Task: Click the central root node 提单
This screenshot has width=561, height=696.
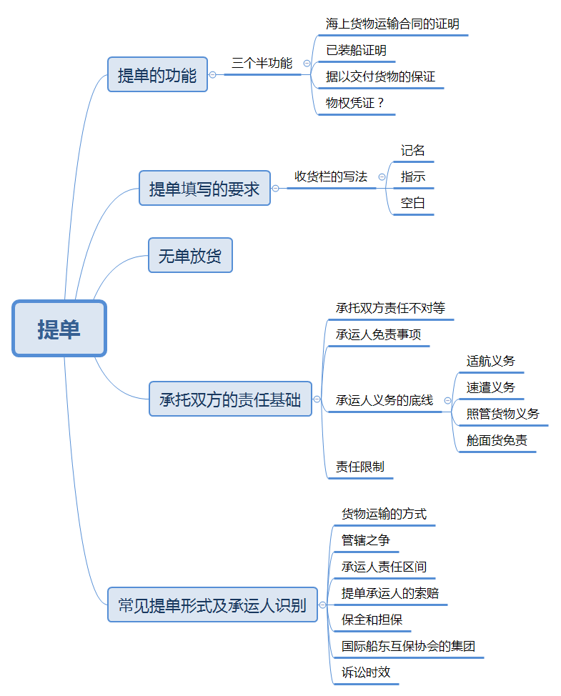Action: pyautogui.click(x=59, y=329)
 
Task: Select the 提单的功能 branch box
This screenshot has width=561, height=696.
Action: pyautogui.click(x=157, y=74)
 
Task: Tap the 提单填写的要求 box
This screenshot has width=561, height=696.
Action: pyautogui.click(x=204, y=189)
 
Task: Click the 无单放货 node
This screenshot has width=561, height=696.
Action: pyautogui.click(x=190, y=255)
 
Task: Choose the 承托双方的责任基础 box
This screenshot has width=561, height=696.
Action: pyautogui.click(x=230, y=399)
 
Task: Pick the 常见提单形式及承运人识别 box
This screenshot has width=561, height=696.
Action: pyautogui.click(x=212, y=605)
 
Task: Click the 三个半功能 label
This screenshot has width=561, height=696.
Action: pyautogui.click(x=262, y=63)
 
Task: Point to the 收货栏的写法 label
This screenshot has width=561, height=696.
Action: pyautogui.click(x=331, y=177)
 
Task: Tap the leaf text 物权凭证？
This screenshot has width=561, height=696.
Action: pyautogui.click(x=355, y=103)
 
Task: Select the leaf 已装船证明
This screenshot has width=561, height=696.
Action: pyautogui.click(x=356, y=50)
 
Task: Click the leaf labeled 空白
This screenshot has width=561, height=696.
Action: pyautogui.click(x=413, y=203)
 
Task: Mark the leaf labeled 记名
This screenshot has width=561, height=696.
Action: pyautogui.click(x=413, y=150)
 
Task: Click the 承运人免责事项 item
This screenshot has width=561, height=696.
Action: pyautogui.click(x=378, y=334)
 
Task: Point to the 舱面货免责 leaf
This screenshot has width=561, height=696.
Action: pyautogui.click(x=497, y=440)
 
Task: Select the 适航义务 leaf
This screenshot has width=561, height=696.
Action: pyautogui.click(x=490, y=361)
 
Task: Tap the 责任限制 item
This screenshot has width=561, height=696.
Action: pyautogui.click(x=359, y=467)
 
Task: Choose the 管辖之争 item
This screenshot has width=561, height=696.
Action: pyautogui.click(x=365, y=540)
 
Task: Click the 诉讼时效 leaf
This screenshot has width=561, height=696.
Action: pyautogui.click(x=366, y=672)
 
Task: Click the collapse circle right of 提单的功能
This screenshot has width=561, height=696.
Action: pyautogui.click(x=213, y=74)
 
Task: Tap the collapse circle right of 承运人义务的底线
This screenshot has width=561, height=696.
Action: pyautogui.click(x=447, y=401)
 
